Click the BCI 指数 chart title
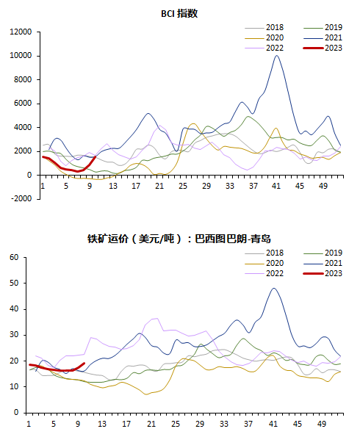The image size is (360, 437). (x=179, y=14)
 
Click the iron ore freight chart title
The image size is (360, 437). (x=179, y=239)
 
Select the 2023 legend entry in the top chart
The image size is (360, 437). (x=323, y=48)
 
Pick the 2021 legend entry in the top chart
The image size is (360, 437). (x=323, y=37)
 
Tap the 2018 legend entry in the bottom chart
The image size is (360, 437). (x=264, y=253)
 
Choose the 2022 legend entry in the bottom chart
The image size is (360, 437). (x=264, y=273)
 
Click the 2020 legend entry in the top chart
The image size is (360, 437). (x=264, y=37)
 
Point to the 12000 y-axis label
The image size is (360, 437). (x=21, y=32)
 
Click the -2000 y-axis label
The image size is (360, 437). (x=21, y=199)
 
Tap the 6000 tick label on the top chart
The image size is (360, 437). (x=23, y=104)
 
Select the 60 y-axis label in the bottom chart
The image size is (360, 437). (x=14, y=257)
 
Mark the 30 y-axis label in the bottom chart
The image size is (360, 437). (x=14, y=335)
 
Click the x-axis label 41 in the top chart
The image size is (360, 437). (x=276, y=186)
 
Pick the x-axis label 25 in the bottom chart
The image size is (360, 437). (x=176, y=424)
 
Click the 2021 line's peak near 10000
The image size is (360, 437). (x=277, y=56)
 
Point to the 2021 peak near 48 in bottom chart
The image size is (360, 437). (x=274, y=288)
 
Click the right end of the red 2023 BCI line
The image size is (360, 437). (x=96, y=157)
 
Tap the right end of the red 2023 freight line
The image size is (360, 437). (x=84, y=363)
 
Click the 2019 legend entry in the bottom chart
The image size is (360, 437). (x=323, y=253)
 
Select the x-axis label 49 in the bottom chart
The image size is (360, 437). (x=322, y=424)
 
